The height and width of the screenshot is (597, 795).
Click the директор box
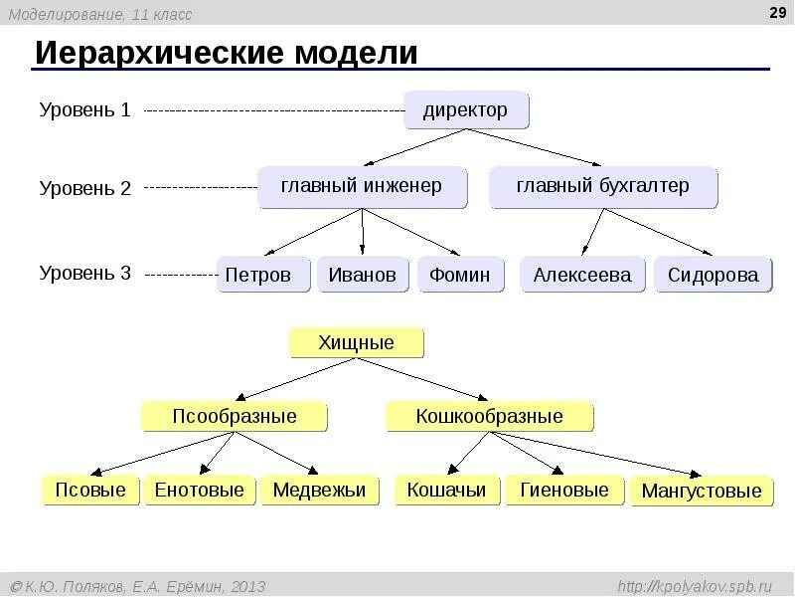466,109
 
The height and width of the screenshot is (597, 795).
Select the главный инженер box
362,187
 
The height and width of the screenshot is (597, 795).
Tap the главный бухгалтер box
603,187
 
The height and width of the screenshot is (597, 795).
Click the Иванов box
363,275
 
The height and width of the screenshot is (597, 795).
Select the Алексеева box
582,275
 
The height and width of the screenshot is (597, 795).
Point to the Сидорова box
714,275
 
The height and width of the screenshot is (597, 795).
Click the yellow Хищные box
357,343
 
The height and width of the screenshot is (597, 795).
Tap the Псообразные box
235,416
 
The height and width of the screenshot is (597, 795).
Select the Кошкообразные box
489,416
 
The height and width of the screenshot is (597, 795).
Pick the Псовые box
90,490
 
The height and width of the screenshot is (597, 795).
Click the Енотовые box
200,490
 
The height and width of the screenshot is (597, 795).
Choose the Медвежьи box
319,490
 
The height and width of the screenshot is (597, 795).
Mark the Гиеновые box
564,490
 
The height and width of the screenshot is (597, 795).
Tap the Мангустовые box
702,491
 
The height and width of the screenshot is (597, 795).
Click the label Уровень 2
85,188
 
